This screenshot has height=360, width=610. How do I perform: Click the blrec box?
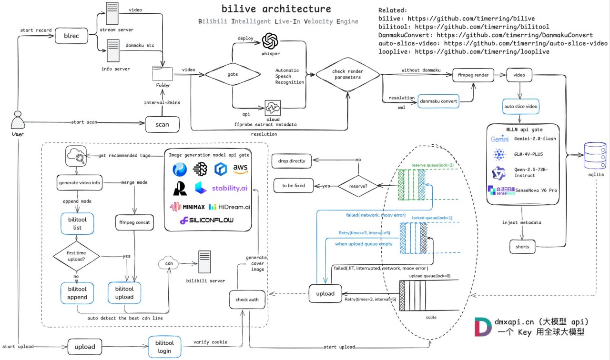pyautogui.click(x=71, y=36)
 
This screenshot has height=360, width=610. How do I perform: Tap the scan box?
pyautogui.click(x=163, y=124)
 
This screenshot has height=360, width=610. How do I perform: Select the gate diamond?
pyautogui.click(x=233, y=74)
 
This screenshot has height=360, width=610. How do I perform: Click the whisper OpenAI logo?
pyautogui.click(x=270, y=41)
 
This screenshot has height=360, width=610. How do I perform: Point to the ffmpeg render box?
pyautogui.click(x=473, y=75)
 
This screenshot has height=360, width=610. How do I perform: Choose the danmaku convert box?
pyautogui.click(x=438, y=101)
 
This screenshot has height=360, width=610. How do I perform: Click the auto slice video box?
pyautogui.click(x=521, y=106)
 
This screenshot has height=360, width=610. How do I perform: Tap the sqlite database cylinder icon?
pyautogui.click(x=595, y=155)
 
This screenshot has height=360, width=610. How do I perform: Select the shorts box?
pyautogui.click(x=522, y=247)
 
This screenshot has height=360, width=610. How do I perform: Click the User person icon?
pyautogui.click(x=18, y=120)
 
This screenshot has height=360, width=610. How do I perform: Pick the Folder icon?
pyautogui.click(x=163, y=73)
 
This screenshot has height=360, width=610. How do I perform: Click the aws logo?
pyautogui.click(x=240, y=169)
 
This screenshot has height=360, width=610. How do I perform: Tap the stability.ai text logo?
pyautogui.click(x=230, y=188)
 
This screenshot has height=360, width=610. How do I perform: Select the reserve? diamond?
pyautogui.click(x=358, y=186)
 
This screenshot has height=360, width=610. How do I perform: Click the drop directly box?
pyautogui.click(x=292, y=161)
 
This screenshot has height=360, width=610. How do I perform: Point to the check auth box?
pyautogui.click(x=247, y=300)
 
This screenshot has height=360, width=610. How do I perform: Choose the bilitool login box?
pyautogui.click(x=164, y=347)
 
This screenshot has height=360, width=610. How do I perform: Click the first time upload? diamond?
pyautogui.click(x=76, y=256)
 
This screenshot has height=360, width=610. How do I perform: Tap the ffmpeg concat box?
pyautogui.click(x=134, y=222)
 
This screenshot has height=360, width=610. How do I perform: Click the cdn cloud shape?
pyautogui.click(x=169, y=263)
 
